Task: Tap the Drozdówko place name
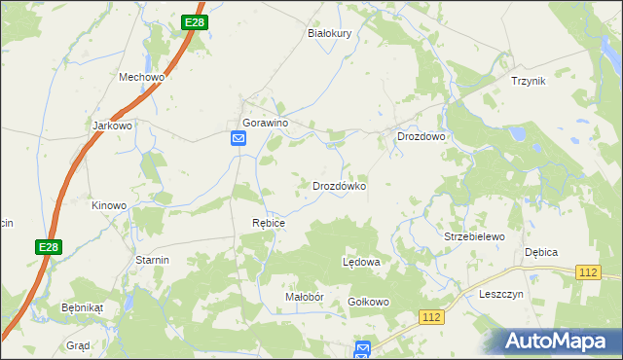pos(339,185)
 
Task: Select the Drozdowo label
pos(421,137)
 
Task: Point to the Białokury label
pos(329,32)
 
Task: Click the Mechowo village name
pos(141,77)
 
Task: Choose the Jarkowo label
pos(111,126)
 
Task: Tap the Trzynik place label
pos(529,81)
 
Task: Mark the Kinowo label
pos(109,205)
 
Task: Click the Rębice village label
pos(269,223)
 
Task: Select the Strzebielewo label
pos(474,236)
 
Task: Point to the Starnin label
pos(153,260)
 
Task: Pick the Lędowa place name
pos(361,263)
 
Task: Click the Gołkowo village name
pos(369,302)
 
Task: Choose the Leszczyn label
pos(502,294)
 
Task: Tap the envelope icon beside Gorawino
pos(238,139)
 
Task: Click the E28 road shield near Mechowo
pos(195,22)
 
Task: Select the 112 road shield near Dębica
pos(587,273)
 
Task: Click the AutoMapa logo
pos(559,342)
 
